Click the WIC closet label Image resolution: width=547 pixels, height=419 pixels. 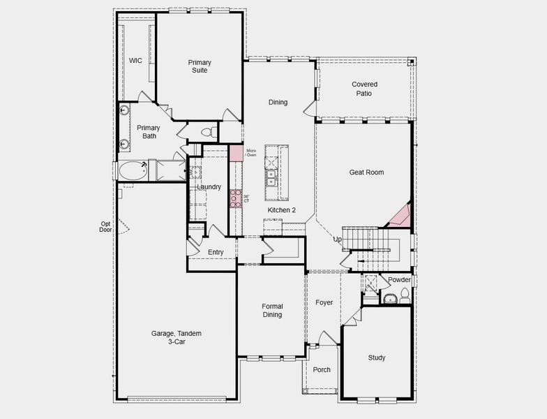click(x=135, y=61)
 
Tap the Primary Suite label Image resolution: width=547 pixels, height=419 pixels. click(x=200, y=66)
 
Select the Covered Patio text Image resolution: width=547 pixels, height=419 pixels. click(x=364, y=89)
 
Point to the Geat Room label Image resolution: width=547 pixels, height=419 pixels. click(x=366, y=172)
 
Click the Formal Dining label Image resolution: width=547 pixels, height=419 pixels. click(x=272, y=310)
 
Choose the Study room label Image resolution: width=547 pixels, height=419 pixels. click(x=377, y=358)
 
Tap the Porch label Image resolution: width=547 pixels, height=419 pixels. click(x=322, y=370)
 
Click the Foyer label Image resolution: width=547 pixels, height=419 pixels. click(x=324, y=302)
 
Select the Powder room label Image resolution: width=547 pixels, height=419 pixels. click(x=400, y=280)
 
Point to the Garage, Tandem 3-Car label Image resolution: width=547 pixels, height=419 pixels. click(x=168, y=337)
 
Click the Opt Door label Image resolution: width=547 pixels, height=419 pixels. click(x=105, y=226)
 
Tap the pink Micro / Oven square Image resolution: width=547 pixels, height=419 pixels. click(x=237, y=153)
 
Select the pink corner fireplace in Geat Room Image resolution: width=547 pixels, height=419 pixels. click(x=400, y=217)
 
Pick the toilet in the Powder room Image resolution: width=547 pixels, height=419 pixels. click(x=405, y=299)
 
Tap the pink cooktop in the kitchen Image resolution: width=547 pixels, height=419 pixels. click(x=236, y=198)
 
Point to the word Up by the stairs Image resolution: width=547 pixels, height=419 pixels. click(x=338, y=240)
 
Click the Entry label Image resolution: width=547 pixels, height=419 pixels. click(x=216, y=252)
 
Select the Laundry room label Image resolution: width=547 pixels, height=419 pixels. click(x=209, y=187)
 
